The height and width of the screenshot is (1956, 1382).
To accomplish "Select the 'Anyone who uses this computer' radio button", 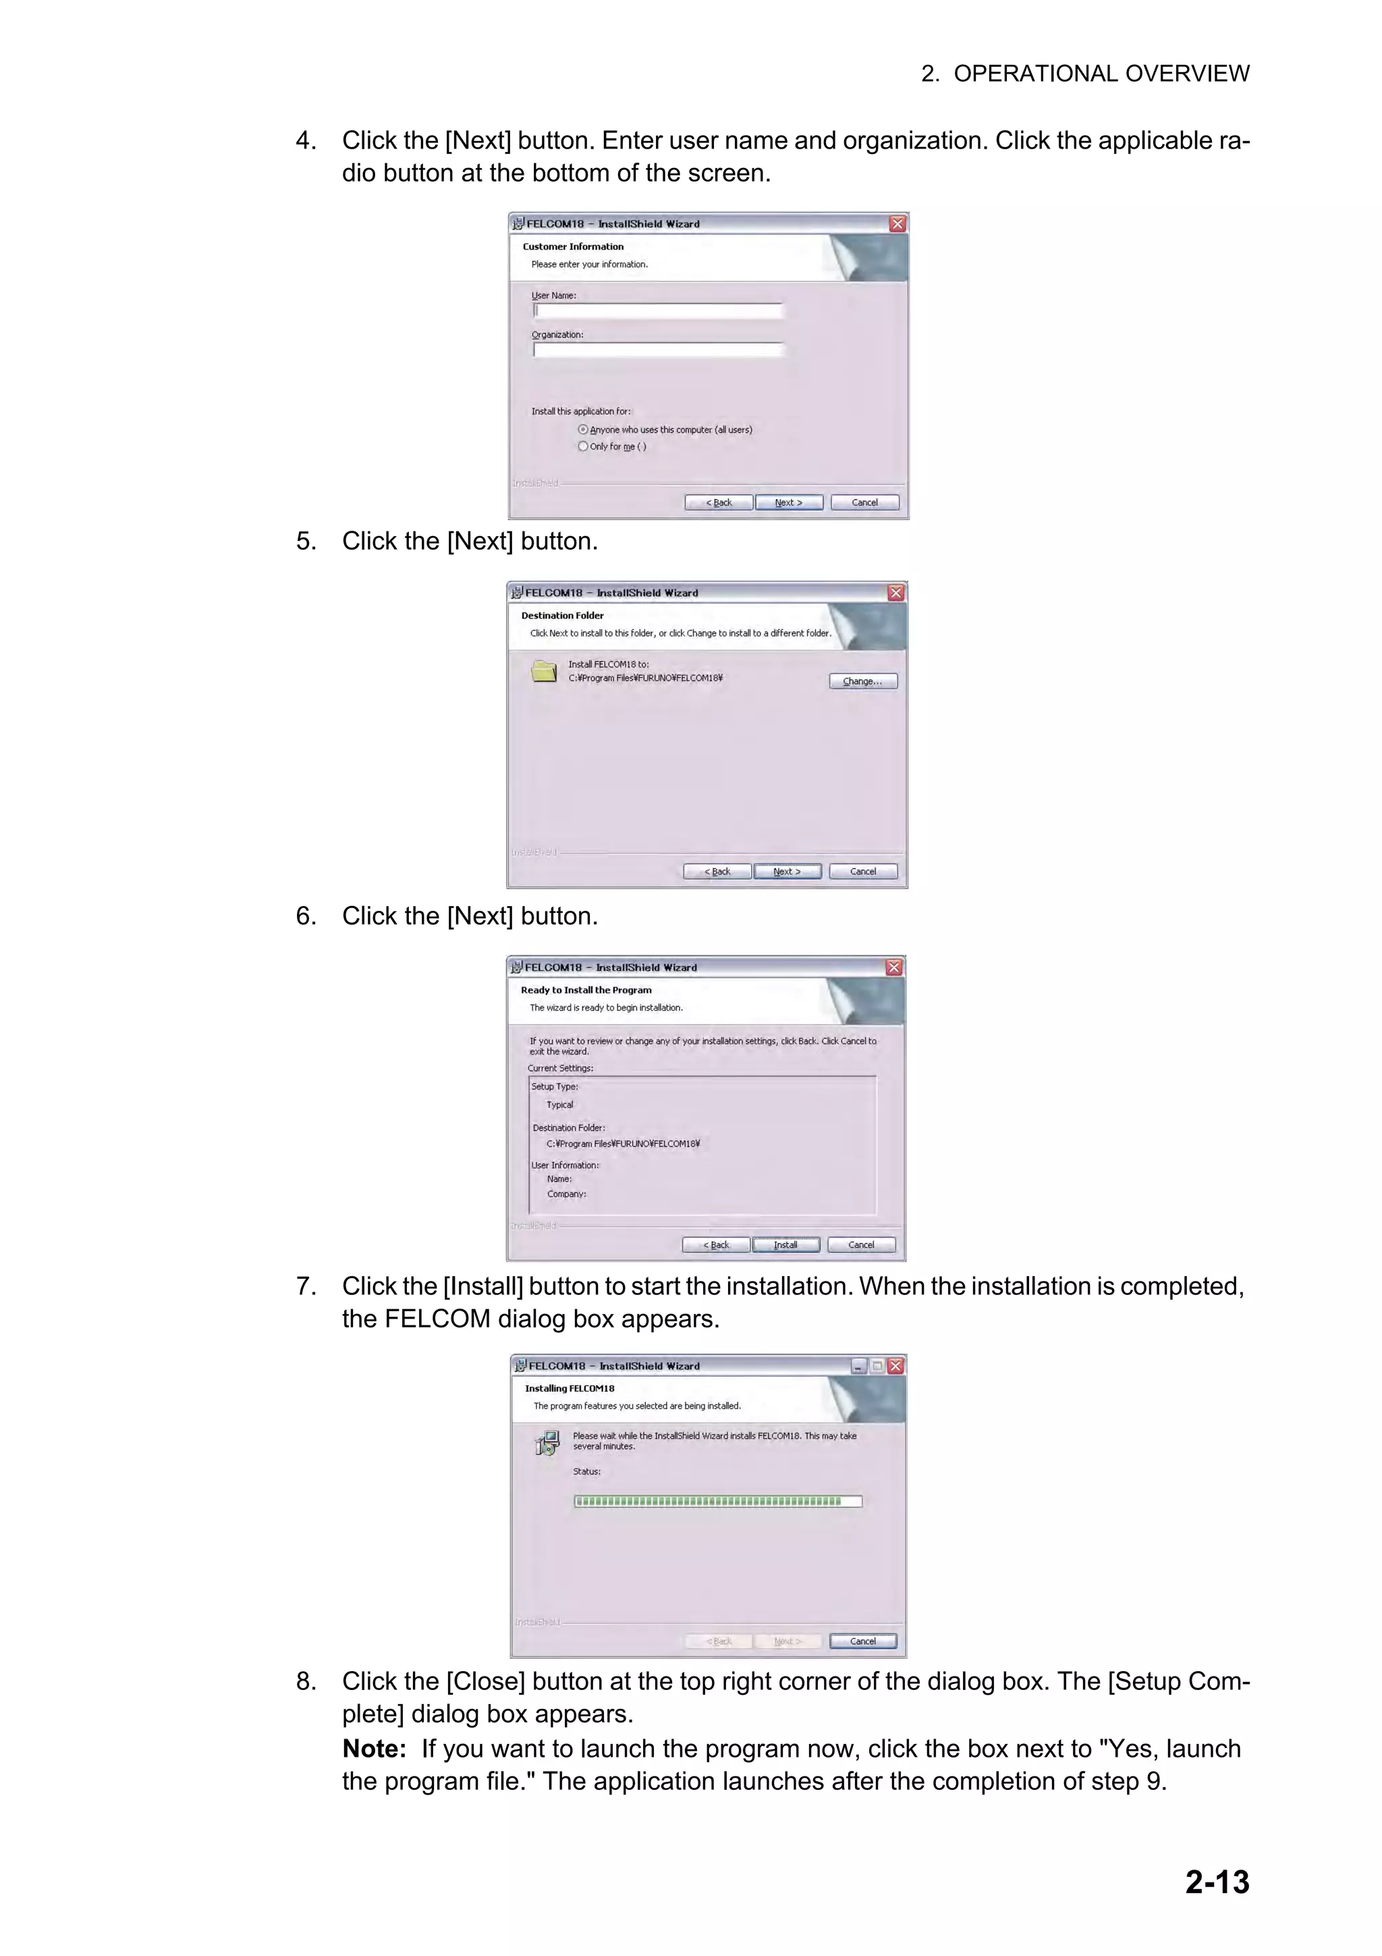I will pos(583,429).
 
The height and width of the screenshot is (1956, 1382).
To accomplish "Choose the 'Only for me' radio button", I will pos(583,446).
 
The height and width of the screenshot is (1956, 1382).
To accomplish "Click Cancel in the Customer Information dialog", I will pos(864,502).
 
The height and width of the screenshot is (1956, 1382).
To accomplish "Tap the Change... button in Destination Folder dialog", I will pos(862,681).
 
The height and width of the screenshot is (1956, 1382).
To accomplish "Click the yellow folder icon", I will pos(544,671).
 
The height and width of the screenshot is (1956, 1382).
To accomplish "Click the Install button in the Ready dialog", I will pos(785,1244).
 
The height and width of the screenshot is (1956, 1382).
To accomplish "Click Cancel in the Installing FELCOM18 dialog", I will pos(862,1641).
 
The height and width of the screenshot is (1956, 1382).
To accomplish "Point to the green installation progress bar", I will pos(717,1501).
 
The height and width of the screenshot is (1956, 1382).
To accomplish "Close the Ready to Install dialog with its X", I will pos(893,967).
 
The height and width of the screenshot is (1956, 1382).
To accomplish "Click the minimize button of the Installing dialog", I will pos(859,1366).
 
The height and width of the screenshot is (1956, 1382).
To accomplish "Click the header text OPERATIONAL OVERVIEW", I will pos(1101,74).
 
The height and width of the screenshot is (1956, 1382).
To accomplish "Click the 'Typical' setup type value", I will pos(559,1105).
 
